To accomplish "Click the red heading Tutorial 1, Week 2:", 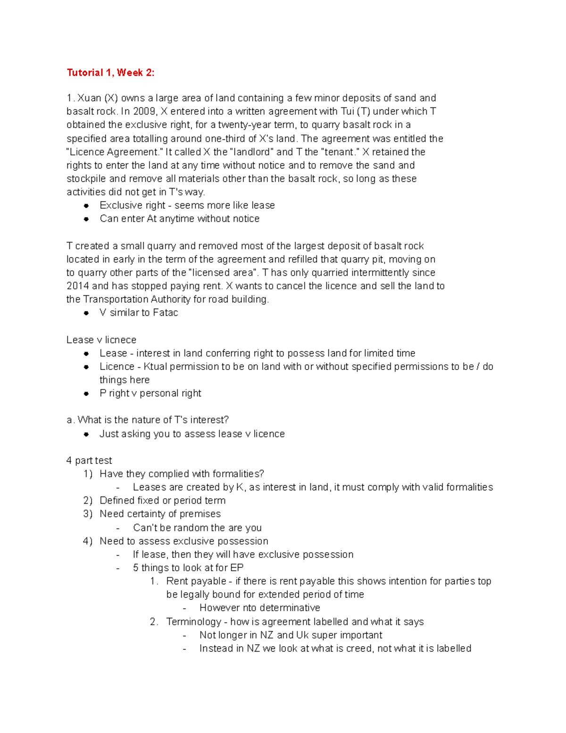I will point(110,73).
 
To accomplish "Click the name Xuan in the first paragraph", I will point(89,98).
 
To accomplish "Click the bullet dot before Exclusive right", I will point(86,206).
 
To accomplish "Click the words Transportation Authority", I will point(137,299).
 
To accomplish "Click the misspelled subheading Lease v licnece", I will point(101,340).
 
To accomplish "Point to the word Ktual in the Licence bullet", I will point(155,367).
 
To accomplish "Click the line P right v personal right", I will point(150,393).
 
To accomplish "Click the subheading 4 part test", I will point(89,461).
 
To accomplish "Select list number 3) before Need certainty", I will point(88,514).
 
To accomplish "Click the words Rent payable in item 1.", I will point(196,581).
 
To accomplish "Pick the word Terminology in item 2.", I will point(193,622).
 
